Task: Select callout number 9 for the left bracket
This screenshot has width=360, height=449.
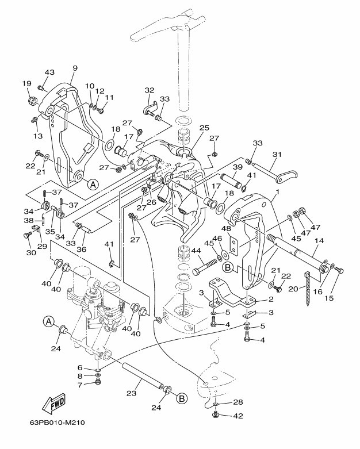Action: [x=75, y=68]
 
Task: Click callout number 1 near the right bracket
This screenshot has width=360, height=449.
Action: [x=278, y=191]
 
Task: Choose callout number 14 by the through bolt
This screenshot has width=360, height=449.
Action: [x=319, y=242]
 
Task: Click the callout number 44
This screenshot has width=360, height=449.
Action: [x=196, y=251]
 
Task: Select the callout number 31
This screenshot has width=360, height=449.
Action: [x=277, y=154]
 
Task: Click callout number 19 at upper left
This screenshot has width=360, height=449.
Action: [x=26, y=83]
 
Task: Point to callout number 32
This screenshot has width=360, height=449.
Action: [x=150, y=90]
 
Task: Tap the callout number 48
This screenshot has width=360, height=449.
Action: [x=226, y=228]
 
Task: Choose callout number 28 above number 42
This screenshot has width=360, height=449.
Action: [x=237, y=402]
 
